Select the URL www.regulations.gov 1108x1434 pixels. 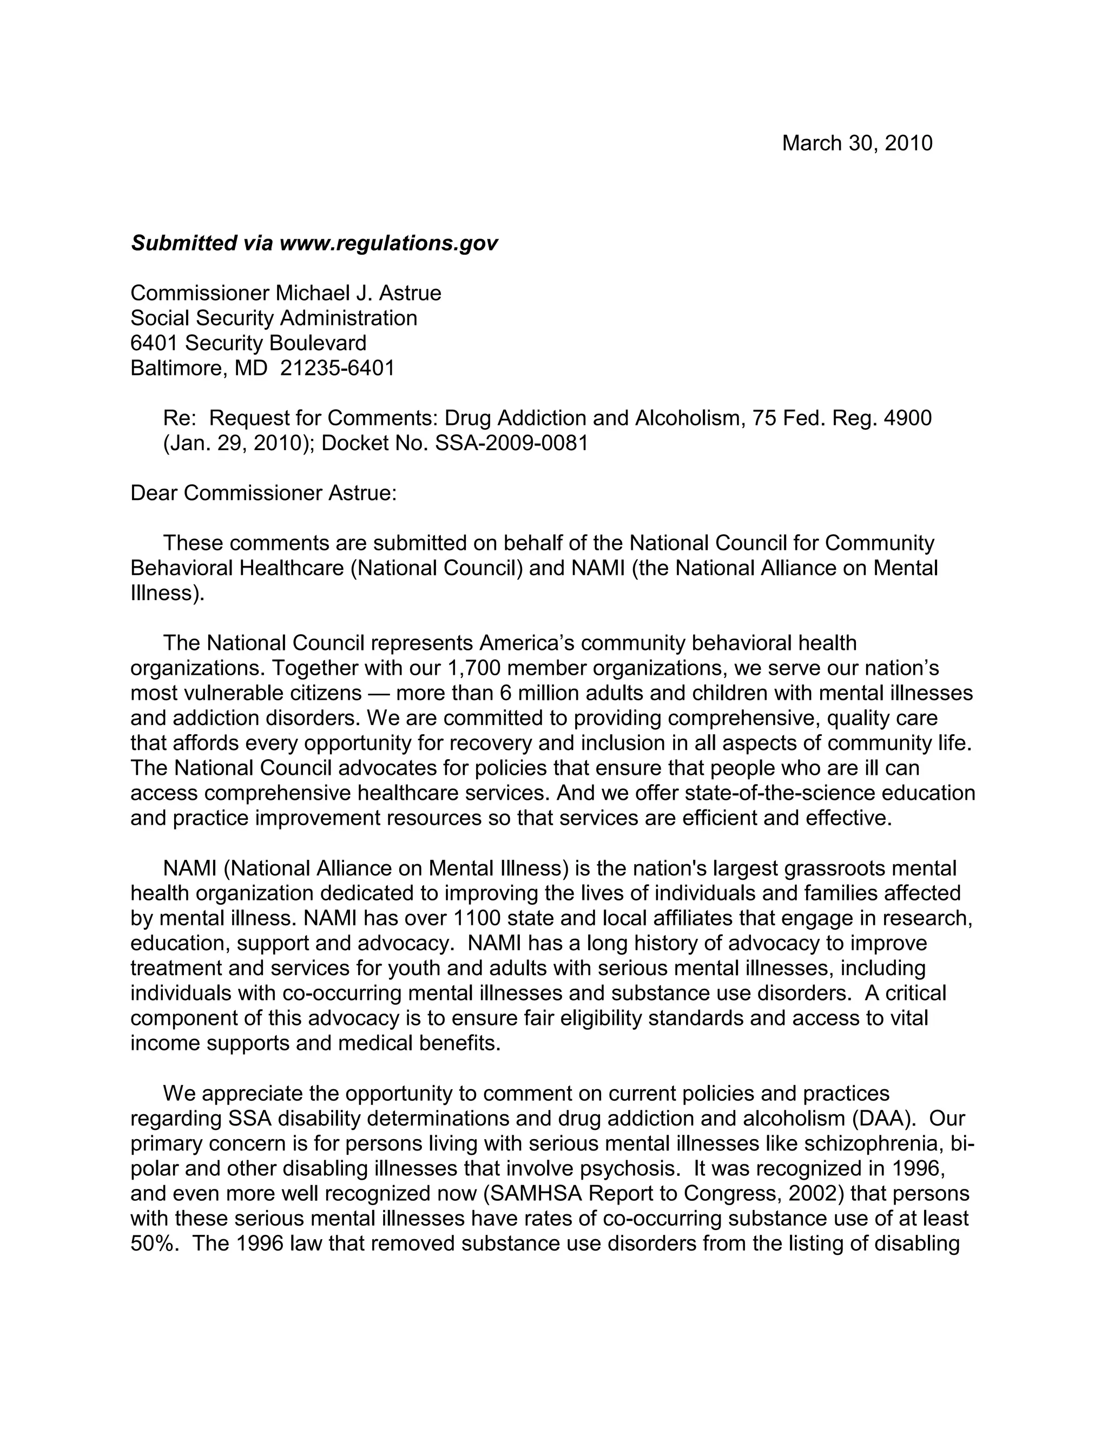[388, 243]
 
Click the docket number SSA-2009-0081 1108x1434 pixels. [512, 443]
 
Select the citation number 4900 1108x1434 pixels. [908, 418]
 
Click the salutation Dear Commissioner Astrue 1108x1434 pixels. [264, 493]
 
